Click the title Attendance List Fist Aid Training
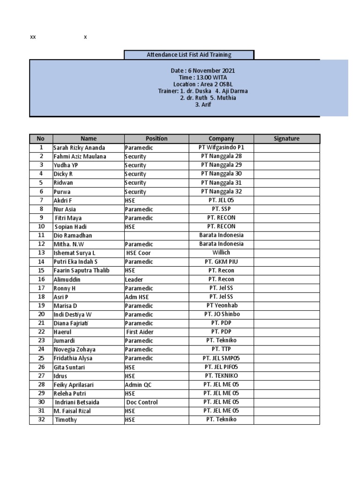[189, 55]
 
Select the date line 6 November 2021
[202, 71]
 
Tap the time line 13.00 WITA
[202, 77]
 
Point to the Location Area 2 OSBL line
[202, 84]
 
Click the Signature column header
[286, 139]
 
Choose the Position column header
[156, 139]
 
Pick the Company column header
[221, 139]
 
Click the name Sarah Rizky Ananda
[79, 148]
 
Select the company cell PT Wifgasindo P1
[221, 148]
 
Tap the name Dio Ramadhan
[73, 235]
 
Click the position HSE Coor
[138, 253]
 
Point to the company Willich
[221, 253]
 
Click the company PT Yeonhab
[221, 306]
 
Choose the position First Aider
[140, 332]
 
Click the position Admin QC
[138, 385]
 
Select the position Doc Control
[142, 402]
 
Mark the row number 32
[41, 420]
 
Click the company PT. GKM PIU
[221, 262]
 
